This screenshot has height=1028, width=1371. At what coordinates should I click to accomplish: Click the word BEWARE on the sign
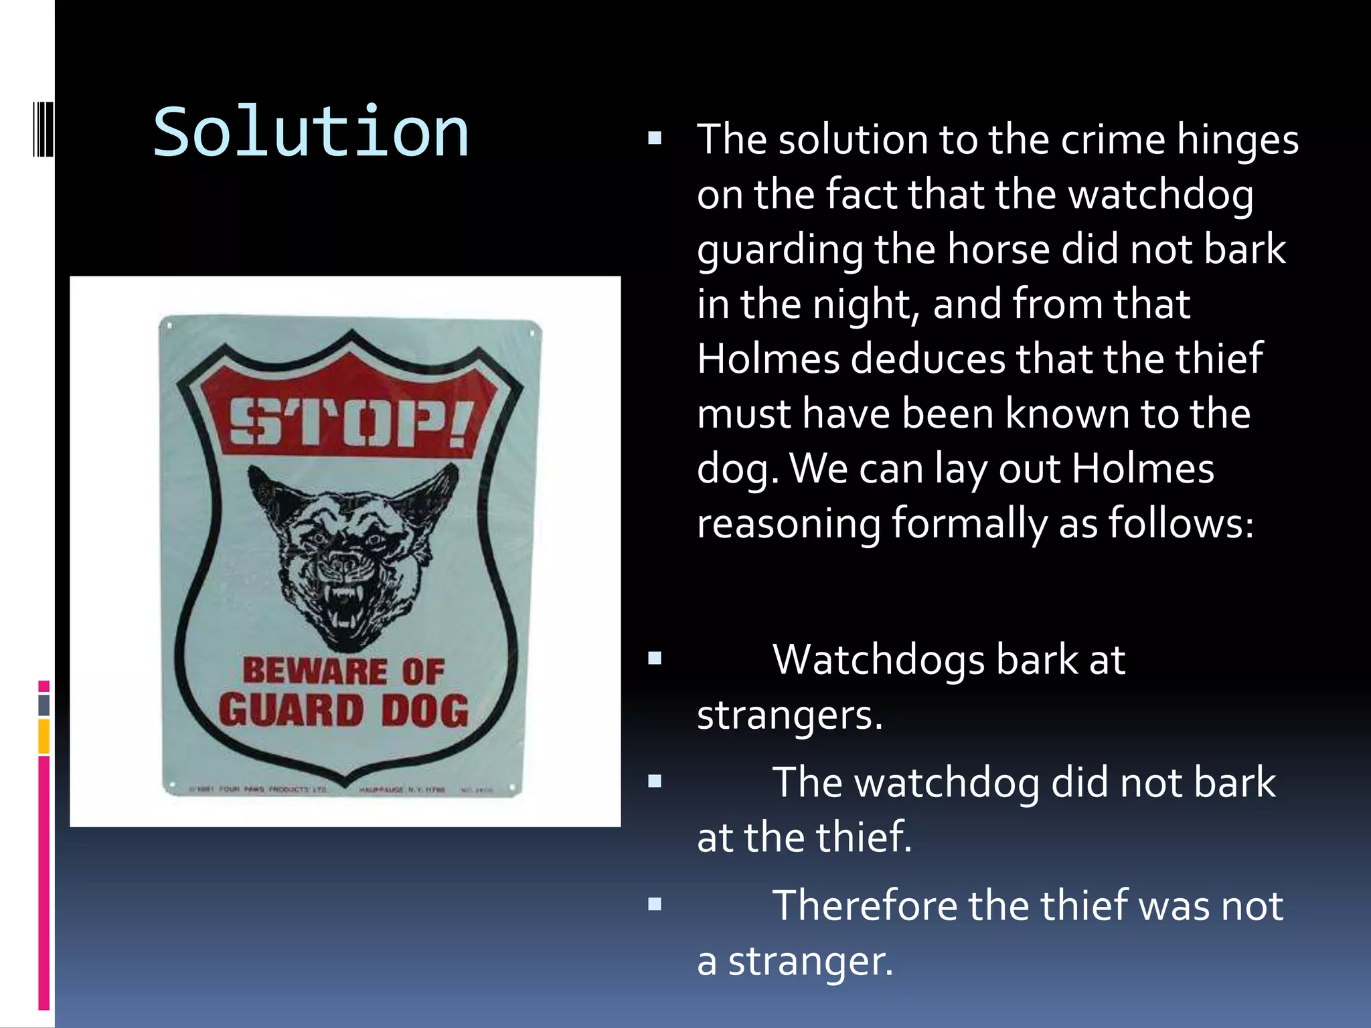pos(315,671)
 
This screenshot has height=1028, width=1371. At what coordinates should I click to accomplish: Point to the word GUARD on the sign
pos(291,710)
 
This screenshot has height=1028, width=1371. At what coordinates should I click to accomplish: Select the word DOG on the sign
pos(425,710)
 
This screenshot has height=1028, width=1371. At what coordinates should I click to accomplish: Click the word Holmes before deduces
pos(768,358)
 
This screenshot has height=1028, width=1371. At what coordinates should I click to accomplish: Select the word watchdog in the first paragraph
pos(1161,195)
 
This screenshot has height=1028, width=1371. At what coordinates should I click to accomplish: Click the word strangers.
pos(789,715)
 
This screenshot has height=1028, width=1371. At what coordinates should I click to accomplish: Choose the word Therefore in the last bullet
pos(865,906)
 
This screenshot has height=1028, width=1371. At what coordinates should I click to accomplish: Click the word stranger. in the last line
pos(810,961)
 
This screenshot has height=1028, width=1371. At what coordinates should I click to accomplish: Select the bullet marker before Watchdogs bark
pos(655,659)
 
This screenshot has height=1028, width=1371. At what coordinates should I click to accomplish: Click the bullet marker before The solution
pos(655,139)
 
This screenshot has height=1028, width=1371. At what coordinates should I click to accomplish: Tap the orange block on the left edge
pos(44,736)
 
